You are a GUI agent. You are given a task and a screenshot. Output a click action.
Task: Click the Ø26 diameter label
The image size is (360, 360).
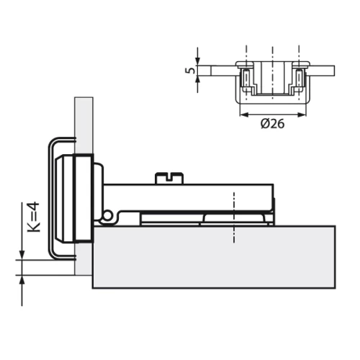[x=271, y=123]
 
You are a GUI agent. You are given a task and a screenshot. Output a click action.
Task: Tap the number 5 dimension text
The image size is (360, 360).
[x=189, y=71]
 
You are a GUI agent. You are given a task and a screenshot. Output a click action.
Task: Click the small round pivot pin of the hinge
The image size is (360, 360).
[x=107, y=216]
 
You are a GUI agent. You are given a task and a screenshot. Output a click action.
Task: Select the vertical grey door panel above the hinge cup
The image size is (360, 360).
[x=82, y=122]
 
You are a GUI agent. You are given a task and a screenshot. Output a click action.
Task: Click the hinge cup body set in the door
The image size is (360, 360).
[x=78, y=198]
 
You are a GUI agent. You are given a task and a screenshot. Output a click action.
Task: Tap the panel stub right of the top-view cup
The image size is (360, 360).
[x=324, y=70]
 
